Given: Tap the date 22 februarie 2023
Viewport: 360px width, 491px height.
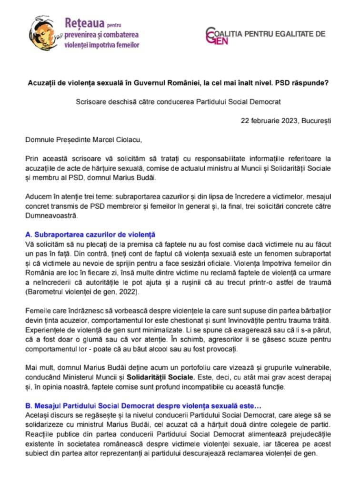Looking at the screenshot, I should point(270,120).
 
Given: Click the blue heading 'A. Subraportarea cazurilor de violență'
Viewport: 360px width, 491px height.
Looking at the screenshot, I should point(90,234).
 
